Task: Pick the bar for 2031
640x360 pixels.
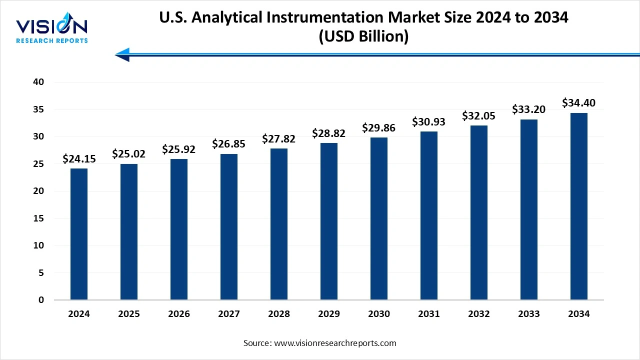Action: [429, 215]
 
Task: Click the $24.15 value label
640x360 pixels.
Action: [79, 159]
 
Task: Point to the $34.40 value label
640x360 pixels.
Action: [579, 103]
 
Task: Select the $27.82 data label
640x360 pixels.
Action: [279, 139]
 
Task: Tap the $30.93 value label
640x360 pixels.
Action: [429, 121]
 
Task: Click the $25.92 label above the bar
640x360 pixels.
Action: [179, 149]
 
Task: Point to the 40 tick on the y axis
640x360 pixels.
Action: [39, 82]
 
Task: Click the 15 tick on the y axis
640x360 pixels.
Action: [39, 218]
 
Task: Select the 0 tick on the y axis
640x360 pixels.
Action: [41, 300]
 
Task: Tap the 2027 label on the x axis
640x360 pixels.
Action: [229, 314]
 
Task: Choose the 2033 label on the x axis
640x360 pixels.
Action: [529, 314]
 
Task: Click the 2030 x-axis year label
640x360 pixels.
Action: [379, 314]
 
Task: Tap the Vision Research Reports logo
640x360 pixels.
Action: [52, 30]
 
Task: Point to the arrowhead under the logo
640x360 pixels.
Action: [123, 54]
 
